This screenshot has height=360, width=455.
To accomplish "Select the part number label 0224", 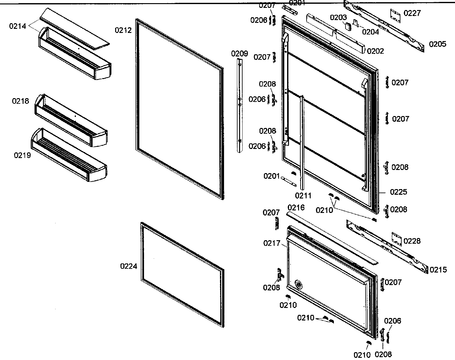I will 129,266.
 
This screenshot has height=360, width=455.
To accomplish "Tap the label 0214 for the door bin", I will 18,26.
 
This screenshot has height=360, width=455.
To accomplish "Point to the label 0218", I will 20,101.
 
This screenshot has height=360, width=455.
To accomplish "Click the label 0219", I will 22,155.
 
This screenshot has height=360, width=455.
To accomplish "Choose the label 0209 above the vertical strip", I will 239,54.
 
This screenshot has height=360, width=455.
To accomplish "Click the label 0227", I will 412,13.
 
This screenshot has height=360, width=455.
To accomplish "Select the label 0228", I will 412,241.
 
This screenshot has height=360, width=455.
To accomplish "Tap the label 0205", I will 437,44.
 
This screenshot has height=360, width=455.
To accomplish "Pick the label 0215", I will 438,269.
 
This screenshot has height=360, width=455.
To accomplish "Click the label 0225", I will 399,192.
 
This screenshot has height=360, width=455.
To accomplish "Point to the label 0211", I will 303,196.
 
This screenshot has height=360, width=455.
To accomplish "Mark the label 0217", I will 272,243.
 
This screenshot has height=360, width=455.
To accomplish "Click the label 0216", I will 296,207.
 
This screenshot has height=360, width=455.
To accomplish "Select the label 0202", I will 375,51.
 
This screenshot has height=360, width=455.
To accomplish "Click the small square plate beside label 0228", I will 397,240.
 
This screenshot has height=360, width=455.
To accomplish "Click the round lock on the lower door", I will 298,284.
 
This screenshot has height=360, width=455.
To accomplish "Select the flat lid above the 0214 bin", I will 75,28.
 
